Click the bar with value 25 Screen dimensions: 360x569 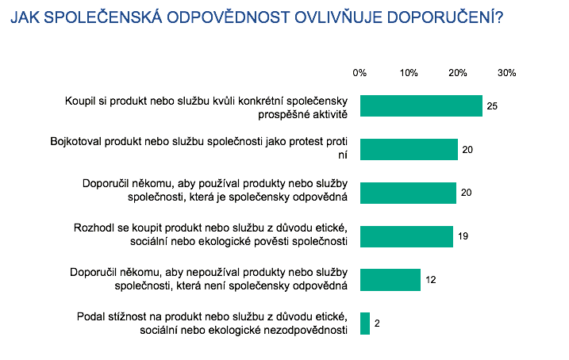pos(421,105)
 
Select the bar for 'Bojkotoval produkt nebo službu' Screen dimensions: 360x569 pos(409,149)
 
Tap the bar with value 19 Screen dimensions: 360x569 pos(407,236)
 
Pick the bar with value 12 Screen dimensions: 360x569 pos(390,280)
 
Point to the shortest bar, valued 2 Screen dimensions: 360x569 pos(365,324)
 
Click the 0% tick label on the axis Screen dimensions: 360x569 pos(359,73)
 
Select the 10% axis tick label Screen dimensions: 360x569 pos(409,73)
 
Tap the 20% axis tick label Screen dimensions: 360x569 pos(458,73)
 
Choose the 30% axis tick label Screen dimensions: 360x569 pos(507,73)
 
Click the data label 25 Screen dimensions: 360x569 pos(492,106)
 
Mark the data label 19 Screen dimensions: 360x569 pos(462,237)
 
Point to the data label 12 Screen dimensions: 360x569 pos(431,281)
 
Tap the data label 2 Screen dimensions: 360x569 pos(378,324)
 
